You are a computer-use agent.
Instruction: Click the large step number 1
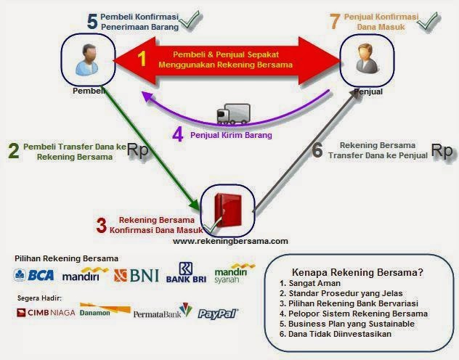pyautogui.click(x=142, y=59)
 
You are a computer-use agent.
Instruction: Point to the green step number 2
pyautogui.click(x=13, y=151)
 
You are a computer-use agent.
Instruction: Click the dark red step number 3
pyautogui.click(x=102, y=225)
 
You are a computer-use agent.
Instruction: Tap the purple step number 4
pyautogui.click(x=176, y=134)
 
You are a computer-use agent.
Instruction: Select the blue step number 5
pyautogui.click(x=92, y=21)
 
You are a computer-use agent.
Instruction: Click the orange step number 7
pyautogui.click(x=334, y=21)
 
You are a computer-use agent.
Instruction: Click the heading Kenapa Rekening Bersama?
pyautogui.click(x=357, y=272)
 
